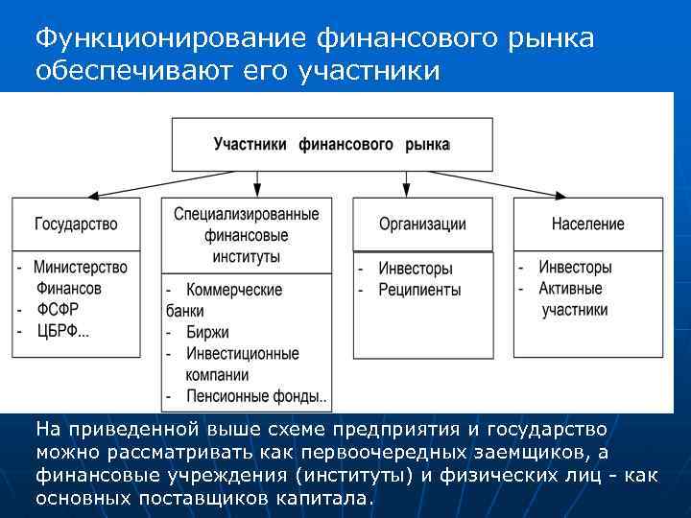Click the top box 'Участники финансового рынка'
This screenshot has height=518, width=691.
[x=331, y=144]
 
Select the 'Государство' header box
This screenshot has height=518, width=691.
[x=76, y=224]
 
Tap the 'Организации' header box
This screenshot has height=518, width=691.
[x=422, y=224]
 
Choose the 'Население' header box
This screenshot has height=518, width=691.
[x=587, y=224]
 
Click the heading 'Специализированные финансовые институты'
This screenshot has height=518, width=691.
[x=247, y=235]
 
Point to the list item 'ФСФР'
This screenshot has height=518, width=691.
[x=58, y=310]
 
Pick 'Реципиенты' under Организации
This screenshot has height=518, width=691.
[x=419, y=290]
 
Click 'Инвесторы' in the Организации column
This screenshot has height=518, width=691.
[x=415, y=269]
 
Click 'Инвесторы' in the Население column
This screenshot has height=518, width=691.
[x=575, y=268]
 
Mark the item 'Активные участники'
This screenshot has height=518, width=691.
[x=573, y=298]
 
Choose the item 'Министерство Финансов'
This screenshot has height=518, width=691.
[x=80, y=277]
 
